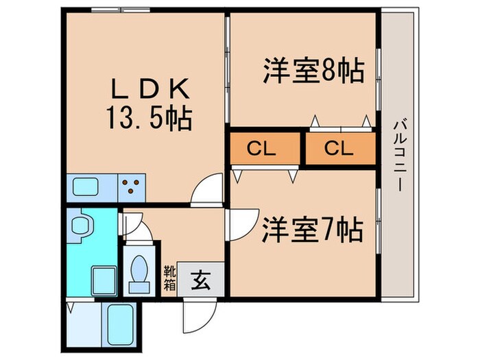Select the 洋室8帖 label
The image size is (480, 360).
312,71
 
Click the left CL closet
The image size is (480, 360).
263,148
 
